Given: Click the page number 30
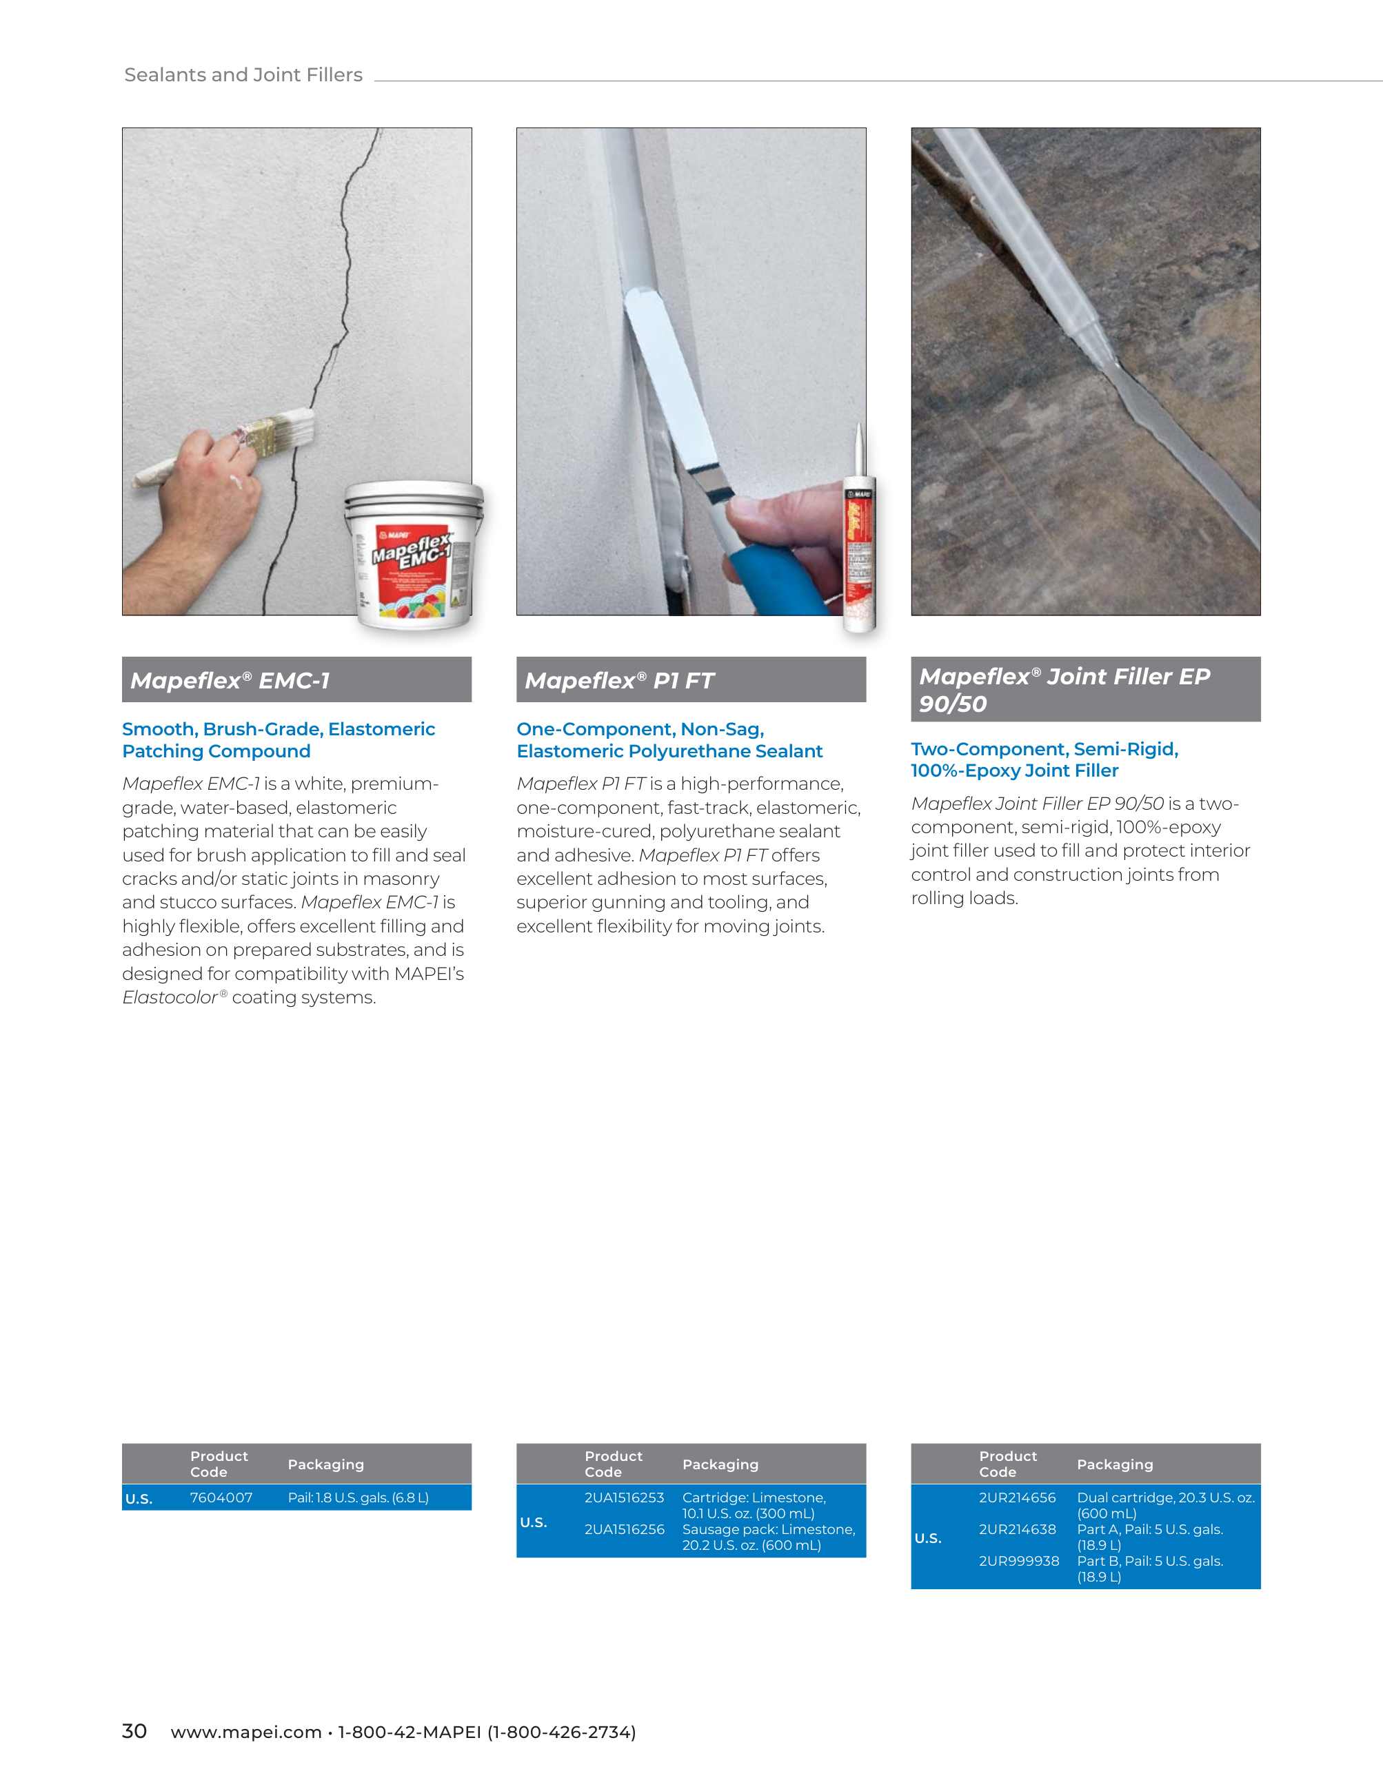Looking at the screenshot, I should (x=134, y=1731).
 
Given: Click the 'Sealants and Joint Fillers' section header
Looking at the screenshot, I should (x=243, y=74).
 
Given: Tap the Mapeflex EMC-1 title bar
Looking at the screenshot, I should (x=296, y=680).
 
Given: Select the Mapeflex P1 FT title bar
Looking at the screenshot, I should (x=691, y=680).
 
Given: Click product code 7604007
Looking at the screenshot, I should (x=221, y=1497).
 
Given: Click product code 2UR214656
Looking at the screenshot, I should (x=1018, y=1497).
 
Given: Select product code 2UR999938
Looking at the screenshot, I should (x=1019, y=1562).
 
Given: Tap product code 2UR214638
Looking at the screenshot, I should (x=1018, y=1529).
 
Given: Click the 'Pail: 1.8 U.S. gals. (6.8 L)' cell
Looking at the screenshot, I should (x=358, y=1497).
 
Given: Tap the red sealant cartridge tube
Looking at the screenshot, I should (x=860, y=557).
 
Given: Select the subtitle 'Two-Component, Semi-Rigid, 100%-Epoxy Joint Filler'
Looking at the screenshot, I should (x=1044, y=759).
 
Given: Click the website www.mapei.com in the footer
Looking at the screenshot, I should (x=246, y=1732).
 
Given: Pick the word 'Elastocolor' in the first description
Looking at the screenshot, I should (x=170, y=997).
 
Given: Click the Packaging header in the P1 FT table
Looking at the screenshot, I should (x=720, y=1464).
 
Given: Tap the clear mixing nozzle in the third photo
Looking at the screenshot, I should (x=1032, y=246).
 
